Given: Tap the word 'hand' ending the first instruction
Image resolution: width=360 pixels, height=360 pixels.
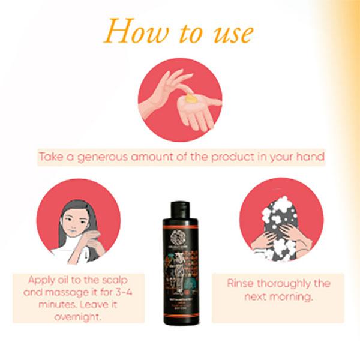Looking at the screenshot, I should coord(311,157).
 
